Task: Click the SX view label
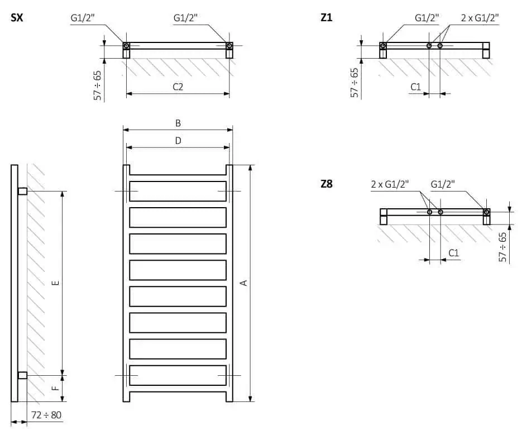(x=17, y=17)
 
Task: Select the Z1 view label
(x=327, y=17)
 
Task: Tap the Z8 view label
(x=327, y=183)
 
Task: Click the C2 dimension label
(x=178, y=87)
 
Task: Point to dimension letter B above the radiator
(x=178, y=123)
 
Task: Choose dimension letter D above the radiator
(x=178, y=141)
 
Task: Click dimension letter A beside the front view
(x=243, y=283)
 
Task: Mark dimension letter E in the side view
(x=55, y=283)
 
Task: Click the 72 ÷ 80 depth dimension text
(x=45, y=415)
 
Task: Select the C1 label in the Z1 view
(x=415, y=87)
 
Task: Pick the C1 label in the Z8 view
(x=453, y=253)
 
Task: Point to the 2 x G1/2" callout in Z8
(x=390, y=184)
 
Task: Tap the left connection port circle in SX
(x=127, y=45)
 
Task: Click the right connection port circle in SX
(x=229, y=45)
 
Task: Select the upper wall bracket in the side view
(x=22, y=192)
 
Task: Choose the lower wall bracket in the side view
(x=22, y=375)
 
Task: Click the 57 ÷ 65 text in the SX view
(x=97, y=85)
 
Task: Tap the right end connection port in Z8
(x=486, y=212)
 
